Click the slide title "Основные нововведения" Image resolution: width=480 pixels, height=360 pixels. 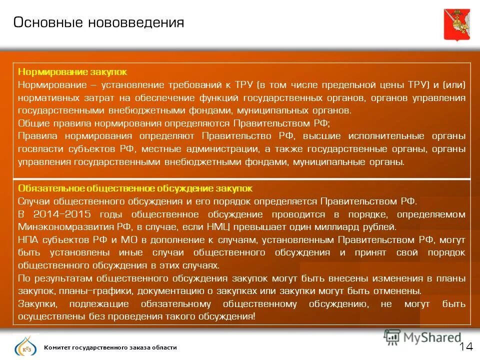[98, 23]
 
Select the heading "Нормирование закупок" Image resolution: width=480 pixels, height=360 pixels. [72, 72]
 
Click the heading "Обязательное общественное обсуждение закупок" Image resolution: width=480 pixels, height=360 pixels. [135, 188]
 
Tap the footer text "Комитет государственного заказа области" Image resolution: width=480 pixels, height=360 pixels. [110, 347]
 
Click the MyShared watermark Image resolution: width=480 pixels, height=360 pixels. [422, 337]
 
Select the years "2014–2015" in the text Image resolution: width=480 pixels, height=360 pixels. [62, 214]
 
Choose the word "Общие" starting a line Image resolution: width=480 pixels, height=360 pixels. [31, 123]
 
